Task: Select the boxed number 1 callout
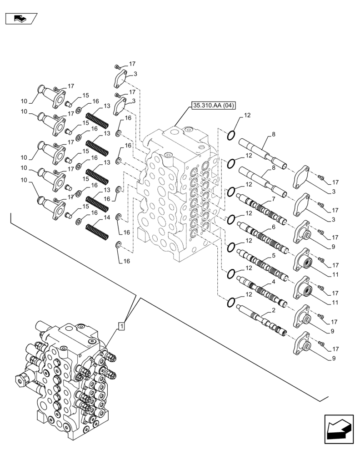[x=121, y=326]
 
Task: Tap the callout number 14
[x=107, y=218]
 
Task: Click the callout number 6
[x=273, y=227]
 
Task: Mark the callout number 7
[x=274, y=199]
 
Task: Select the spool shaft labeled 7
[x=262, y=209]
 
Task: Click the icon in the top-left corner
[x=21, y=19]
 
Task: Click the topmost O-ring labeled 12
[x=231, y=135]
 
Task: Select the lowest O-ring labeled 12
[x=231, y=302]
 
